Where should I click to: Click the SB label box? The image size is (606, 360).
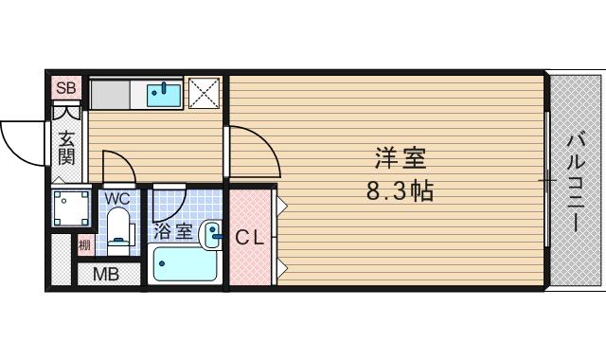tap(66, 88)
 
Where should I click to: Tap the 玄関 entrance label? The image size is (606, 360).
tap(67, 148)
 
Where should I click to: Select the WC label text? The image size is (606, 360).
tap(116, 199)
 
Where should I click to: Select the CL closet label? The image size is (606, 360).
tap(250, 238)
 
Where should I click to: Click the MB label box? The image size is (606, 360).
tap(104, 276)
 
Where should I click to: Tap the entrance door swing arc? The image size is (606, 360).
tap(21, 142)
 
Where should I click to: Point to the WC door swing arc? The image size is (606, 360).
tap(117, 165)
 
